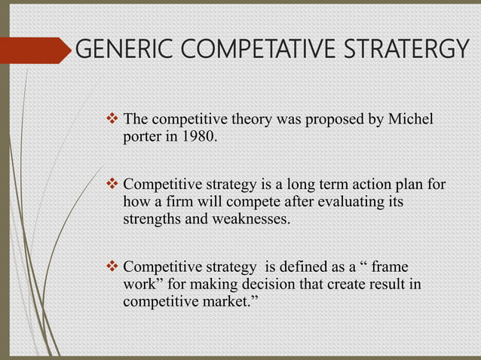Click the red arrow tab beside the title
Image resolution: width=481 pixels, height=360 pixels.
tap(33, 50)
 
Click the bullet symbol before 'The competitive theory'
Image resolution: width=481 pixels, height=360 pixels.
tap(114, 119)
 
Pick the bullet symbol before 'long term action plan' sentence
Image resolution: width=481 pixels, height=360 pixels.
tap(114, 185)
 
